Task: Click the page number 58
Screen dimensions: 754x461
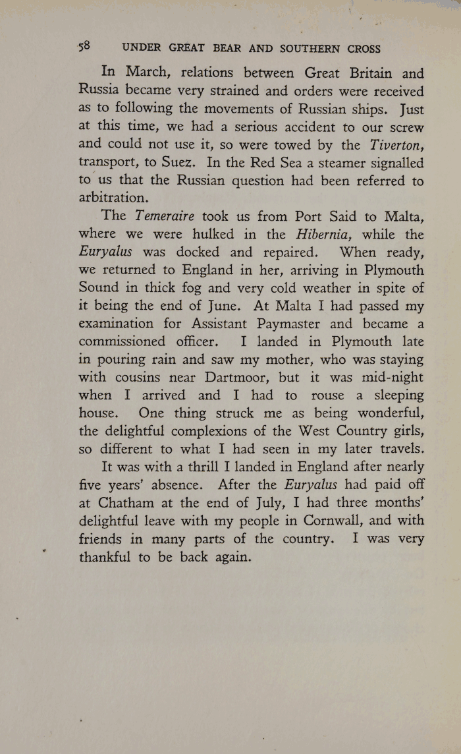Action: coord(84,47)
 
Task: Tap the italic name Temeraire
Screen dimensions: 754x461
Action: coord(166,216)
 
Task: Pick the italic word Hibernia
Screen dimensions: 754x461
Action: coord(328,234)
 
